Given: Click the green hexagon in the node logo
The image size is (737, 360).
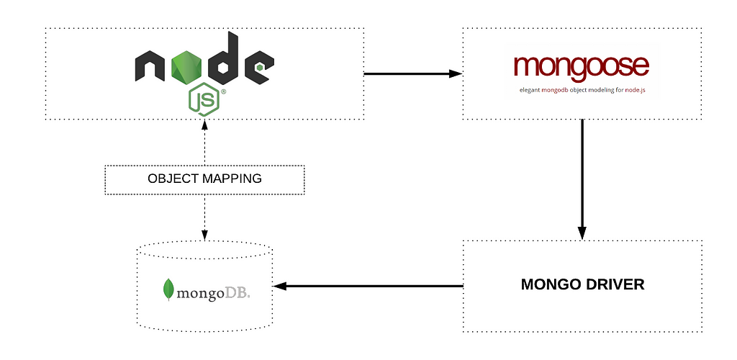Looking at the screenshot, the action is tap(186, 67).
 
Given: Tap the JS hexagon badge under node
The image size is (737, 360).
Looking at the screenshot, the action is tap(204, 99).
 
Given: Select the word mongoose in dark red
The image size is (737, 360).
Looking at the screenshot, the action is tap(581, 67).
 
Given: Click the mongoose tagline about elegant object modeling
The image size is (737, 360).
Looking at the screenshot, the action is tap(582, 90).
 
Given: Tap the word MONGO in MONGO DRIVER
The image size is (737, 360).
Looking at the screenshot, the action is tap(548, 284).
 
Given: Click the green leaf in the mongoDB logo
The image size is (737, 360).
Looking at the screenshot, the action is tap(168, 289).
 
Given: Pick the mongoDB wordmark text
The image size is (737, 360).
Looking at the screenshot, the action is tap(213, 294).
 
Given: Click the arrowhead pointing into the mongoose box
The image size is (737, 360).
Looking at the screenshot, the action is tap(456, 73).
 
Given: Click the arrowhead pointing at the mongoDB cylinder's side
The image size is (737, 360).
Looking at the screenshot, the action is tap(280, 286).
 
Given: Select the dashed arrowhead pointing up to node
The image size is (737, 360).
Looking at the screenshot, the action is tap(204, 125).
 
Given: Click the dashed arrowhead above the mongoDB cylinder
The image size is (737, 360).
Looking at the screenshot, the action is tap(204, 235).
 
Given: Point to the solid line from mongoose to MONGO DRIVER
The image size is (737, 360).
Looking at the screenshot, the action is tap(582, 179).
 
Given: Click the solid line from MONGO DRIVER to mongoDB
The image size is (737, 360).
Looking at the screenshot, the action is tap(368, 286).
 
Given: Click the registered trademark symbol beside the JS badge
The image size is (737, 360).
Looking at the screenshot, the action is tap(223, 91).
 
